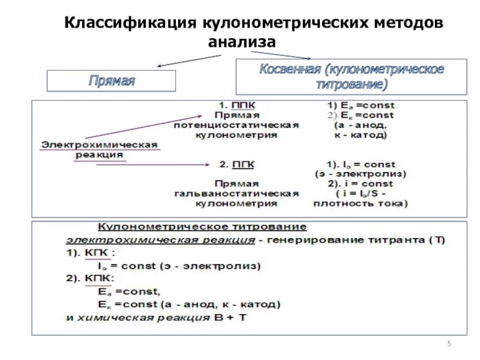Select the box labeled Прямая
pos(112,80)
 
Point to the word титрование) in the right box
pos(352,83)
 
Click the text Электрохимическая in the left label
pos(99,145)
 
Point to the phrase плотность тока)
pos(360,204)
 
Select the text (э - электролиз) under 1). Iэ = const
pos(360,173)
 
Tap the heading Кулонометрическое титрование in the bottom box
pos(202,227)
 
